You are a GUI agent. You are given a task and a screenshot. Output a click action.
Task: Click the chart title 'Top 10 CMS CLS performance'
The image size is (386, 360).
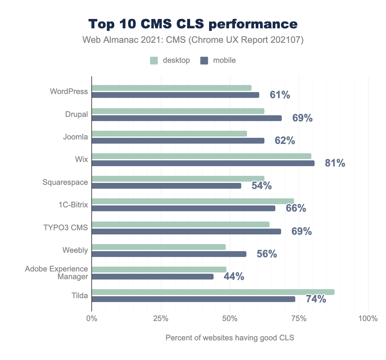pos(193,24)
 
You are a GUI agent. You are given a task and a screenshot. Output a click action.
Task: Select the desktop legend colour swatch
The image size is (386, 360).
pos(154,61)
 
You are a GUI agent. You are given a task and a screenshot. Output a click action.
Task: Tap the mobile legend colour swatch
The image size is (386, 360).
pos(204,61)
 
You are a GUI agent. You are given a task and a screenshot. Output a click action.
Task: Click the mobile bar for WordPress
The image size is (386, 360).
pos(175,95)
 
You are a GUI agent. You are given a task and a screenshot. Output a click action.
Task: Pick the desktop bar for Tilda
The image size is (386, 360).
pos(213,292)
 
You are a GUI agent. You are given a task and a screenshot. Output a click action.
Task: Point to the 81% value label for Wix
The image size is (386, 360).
pos(335,163)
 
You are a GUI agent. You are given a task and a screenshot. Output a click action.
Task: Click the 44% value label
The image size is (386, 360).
pos(234,277)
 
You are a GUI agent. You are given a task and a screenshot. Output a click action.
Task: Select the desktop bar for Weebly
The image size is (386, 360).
pos(159,247)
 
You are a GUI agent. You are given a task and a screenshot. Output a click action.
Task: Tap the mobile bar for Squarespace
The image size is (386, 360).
pos(166,186)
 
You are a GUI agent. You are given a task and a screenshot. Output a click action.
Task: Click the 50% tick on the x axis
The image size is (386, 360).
pos(230,319)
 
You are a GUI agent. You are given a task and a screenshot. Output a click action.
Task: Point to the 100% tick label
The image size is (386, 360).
pos(368,319)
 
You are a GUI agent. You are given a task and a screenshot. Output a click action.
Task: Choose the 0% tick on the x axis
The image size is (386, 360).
pos(92,319)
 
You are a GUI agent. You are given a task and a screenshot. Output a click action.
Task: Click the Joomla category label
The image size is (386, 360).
pos(75,137)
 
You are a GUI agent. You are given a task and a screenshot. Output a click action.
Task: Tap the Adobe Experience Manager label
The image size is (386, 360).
pos(57,273)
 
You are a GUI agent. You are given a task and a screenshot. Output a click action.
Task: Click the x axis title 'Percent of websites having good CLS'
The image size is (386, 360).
pos(230,338)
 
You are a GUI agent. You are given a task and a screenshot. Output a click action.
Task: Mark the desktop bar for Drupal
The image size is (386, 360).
pos(178,111)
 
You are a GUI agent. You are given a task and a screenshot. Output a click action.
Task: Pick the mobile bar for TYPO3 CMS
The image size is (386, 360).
pos(186,232)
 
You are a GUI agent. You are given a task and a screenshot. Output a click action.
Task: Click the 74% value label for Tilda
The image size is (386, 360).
pos(316,299)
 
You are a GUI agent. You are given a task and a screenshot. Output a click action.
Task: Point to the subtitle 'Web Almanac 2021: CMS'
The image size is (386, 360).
pos(193,40)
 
